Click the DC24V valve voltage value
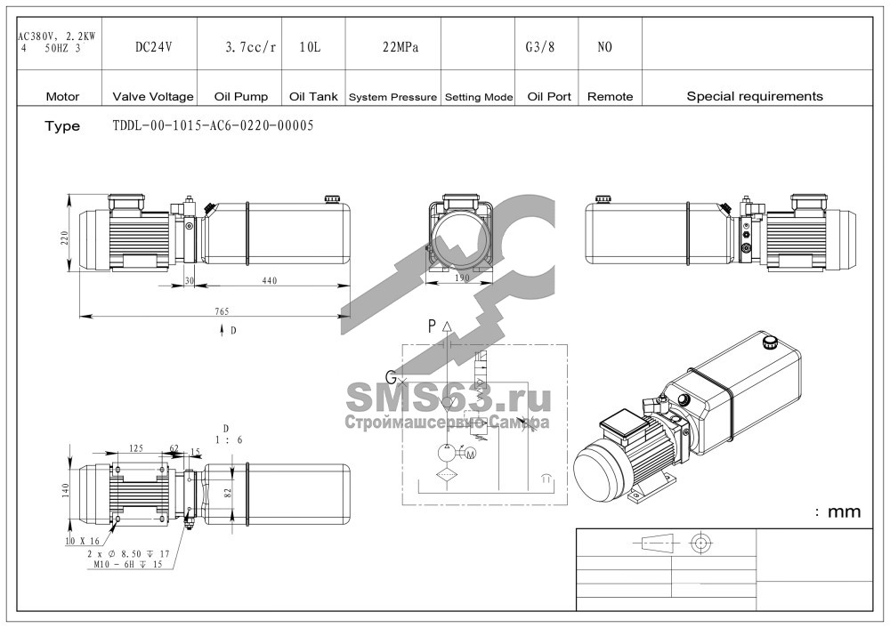click(153, 47)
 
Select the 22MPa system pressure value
click(400, 47)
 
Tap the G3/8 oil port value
click(540, 47)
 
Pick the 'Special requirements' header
click(755, 96)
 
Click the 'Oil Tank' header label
click(313, 96)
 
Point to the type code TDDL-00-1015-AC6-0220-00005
click(213, 125)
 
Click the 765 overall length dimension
click(222, 310)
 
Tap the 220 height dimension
click(65, 237)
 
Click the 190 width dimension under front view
click(463, 278)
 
